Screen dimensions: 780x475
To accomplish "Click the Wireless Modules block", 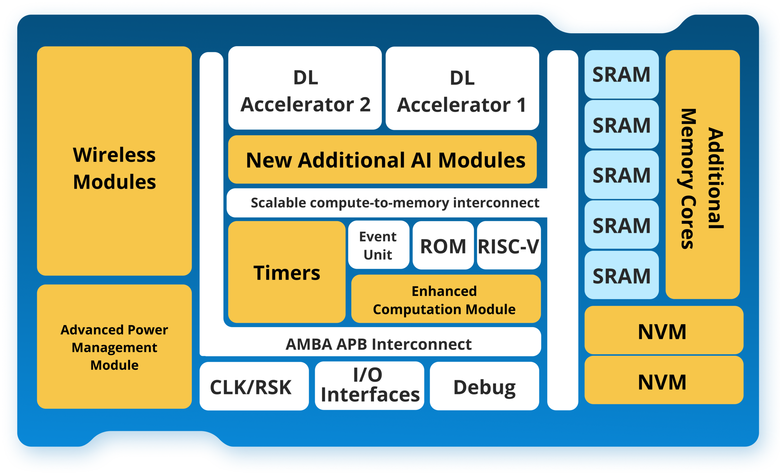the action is [x=114, y=161].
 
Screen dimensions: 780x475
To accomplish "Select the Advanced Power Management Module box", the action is [x=114, y=346].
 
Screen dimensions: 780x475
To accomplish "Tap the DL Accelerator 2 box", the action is [x=305, y=88].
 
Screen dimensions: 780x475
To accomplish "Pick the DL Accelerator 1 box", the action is [x=462, y=88].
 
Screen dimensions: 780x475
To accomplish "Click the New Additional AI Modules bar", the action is [x=382, y=159].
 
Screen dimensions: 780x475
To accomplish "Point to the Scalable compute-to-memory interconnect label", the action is [x=395, y=203].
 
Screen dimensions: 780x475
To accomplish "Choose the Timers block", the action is [x=287, y=272].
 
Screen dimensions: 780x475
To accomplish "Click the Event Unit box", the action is [x=379, y=245].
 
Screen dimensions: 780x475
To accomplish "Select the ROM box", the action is [x=443, y=245].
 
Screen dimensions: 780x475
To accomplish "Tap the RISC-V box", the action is [x=509, y=245].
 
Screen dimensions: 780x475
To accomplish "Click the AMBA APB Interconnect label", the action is [x=379, y=344].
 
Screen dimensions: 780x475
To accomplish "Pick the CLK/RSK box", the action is [x=254, y=386].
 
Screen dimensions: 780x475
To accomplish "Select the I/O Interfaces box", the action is [x=369, y=386].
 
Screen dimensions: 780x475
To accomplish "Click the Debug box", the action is [x=484, y=386].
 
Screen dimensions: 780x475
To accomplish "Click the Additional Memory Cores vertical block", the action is [x=703, y=174].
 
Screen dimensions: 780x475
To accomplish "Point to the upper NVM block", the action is [x=664, y=330].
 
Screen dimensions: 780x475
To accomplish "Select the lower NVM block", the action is [x=664, y=380].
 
